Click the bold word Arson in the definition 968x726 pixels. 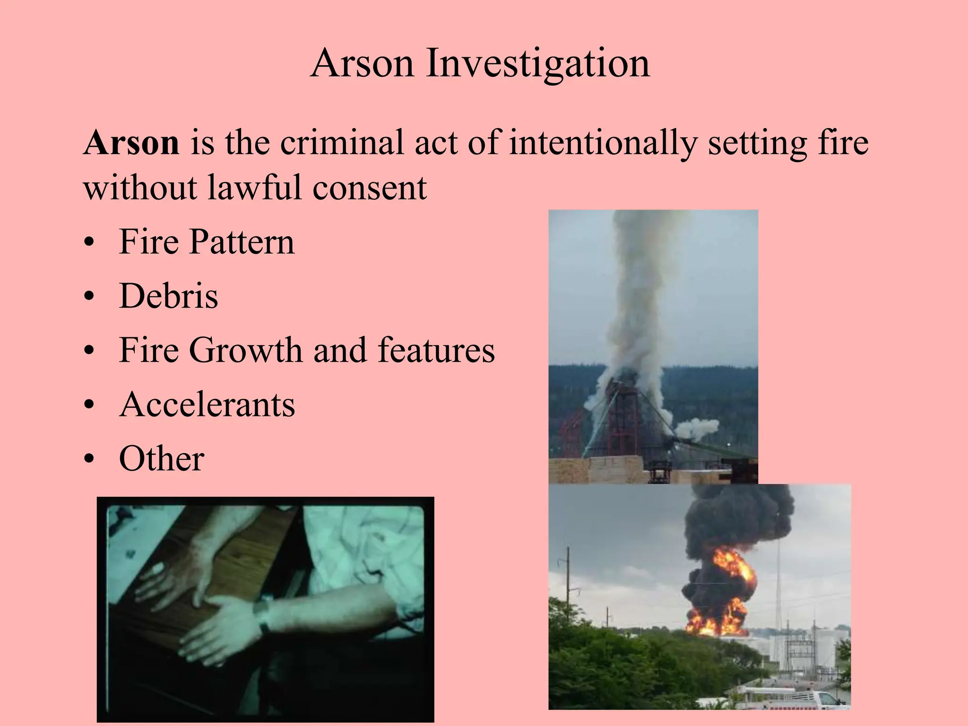pyautogui.click(x=131, y=143)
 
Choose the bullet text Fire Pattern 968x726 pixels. pyautogui.click(x=207, y=242)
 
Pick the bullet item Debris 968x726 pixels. pyautogui.click(x=169, y=296)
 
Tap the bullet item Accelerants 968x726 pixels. pyautogui.click(x=207, y=405)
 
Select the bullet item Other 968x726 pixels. pyautogui.click(x=162, y=459)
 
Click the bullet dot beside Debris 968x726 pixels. pyautogui.click(x=88, y=298)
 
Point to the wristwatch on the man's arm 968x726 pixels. pyautogui.click(x=263, y=614)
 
